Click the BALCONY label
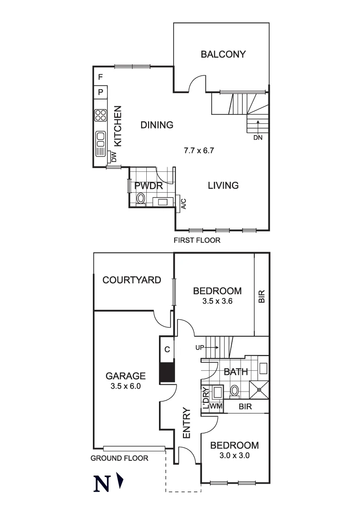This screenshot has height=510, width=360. coord(223,54)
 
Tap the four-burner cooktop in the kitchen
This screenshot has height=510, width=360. coord(100,116)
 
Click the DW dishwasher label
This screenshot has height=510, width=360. coord(113,157)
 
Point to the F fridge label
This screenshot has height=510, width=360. coord(100,77)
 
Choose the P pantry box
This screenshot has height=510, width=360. coord(100,92)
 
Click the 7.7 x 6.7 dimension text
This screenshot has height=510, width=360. coord(199,151)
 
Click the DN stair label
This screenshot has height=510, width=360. coord(258,138)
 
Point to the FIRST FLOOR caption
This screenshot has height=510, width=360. coord(197,240)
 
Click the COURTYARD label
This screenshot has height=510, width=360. coord(132,280)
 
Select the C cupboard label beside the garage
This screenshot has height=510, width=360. coord(167,349)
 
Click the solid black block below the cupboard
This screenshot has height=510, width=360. coord(167,372)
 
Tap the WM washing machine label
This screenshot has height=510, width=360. coord(216,407)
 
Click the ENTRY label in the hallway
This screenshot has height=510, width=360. coord(186,423)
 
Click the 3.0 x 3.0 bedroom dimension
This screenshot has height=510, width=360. coord(234,456)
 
